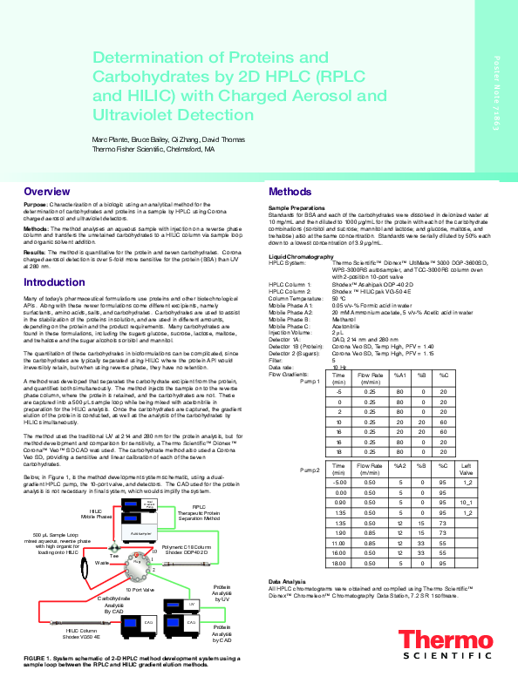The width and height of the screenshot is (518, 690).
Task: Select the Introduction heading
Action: click(54, 282)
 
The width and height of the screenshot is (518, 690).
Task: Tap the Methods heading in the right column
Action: click(290, 192)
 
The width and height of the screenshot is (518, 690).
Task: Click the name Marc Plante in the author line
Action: click(111, 139)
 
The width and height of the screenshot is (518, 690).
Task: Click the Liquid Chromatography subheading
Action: click(301, 257)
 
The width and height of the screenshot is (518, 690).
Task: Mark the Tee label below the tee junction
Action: click(113, 555)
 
